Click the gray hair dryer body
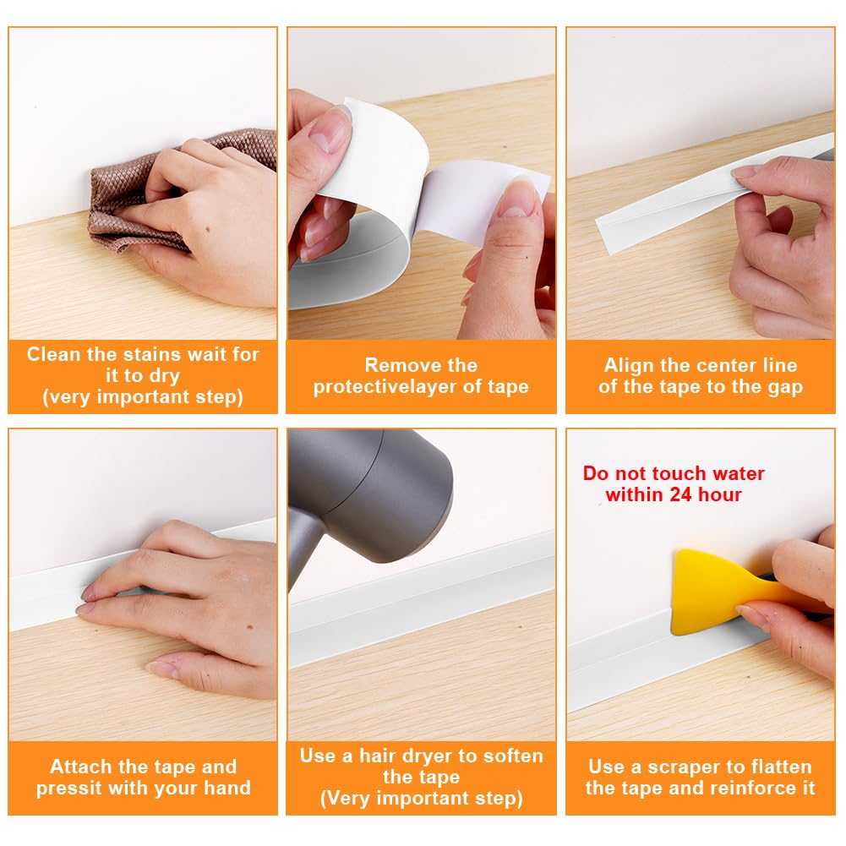372,491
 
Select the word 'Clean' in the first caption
54,354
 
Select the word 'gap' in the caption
786,388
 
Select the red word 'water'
739,474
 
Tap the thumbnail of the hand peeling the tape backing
422,183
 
